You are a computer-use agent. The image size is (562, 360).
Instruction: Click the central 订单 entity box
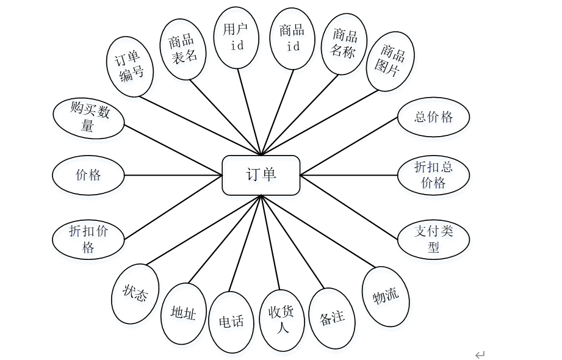coord(261,175)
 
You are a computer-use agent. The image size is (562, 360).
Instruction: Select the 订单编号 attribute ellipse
coord(130,67)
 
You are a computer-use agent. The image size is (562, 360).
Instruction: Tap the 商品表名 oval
coord(183,49)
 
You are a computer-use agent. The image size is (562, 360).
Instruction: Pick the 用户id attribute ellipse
coord(236,38)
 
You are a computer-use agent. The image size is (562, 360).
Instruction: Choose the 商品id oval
coord(292,38)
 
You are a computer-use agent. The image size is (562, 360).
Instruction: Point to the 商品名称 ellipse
coord(344,44)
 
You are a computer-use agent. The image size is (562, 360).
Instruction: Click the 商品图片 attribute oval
coord(391,61)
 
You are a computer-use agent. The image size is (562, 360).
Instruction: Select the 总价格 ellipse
coord(433,117)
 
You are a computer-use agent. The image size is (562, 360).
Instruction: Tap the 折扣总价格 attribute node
coord(433,175)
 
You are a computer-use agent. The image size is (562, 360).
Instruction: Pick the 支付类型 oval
coord(433,239)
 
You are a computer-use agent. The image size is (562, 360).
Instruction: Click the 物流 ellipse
coord(386,297)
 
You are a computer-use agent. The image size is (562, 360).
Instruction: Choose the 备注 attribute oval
coord(332,319)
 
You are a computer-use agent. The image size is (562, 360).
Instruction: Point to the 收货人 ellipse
coord(282,320)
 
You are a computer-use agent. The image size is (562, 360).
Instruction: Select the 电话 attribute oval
coord(231,322)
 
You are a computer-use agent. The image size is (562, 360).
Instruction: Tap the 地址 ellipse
coord(184,314)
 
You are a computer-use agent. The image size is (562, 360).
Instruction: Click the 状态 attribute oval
coord(135,293)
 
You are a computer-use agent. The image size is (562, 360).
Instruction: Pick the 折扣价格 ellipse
coord(88,239)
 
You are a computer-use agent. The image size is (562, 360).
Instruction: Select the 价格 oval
coord(88,175)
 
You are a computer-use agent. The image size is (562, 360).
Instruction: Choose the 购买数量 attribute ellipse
coord(88,118)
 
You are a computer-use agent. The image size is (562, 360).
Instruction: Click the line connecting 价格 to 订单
coord(173,175)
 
